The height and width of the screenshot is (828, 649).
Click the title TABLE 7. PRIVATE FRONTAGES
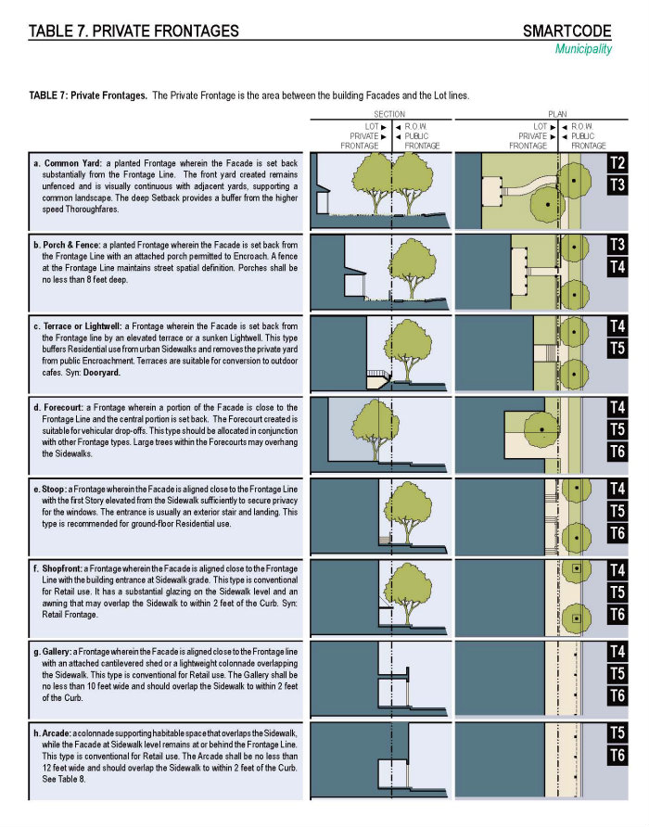tap(134, 32)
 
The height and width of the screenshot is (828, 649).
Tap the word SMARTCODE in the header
tap(566, 32)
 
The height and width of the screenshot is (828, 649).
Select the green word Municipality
tap(583, 49)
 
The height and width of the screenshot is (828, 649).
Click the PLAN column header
tap(557, 115)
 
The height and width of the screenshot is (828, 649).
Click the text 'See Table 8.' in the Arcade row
tap(59, 779)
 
